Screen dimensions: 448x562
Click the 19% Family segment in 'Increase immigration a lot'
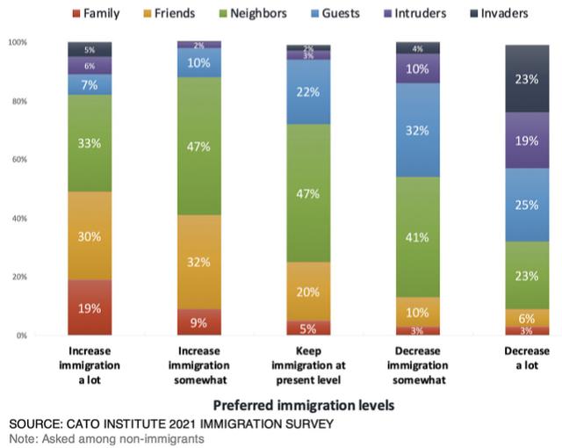[90, 307]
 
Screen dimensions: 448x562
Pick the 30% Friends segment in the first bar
[90, 235]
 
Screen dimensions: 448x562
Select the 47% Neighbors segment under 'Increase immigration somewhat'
[198, 146]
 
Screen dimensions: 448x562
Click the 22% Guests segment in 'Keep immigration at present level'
[308, 91]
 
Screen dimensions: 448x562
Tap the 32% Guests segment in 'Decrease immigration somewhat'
[417, 130]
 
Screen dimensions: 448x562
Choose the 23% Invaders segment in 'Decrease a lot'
[526, 78]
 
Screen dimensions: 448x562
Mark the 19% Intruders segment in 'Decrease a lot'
[526, 140]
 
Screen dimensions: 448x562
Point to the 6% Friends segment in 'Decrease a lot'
[526, 317]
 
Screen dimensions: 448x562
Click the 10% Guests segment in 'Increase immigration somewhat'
[198, 62]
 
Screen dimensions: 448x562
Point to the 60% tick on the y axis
[18, 159]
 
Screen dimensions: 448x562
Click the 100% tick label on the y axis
[17, 42]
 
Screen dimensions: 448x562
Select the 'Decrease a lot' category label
[526, 358]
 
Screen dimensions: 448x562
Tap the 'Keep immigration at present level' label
[308, 365]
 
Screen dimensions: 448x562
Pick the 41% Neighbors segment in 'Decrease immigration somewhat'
[417, 237]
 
